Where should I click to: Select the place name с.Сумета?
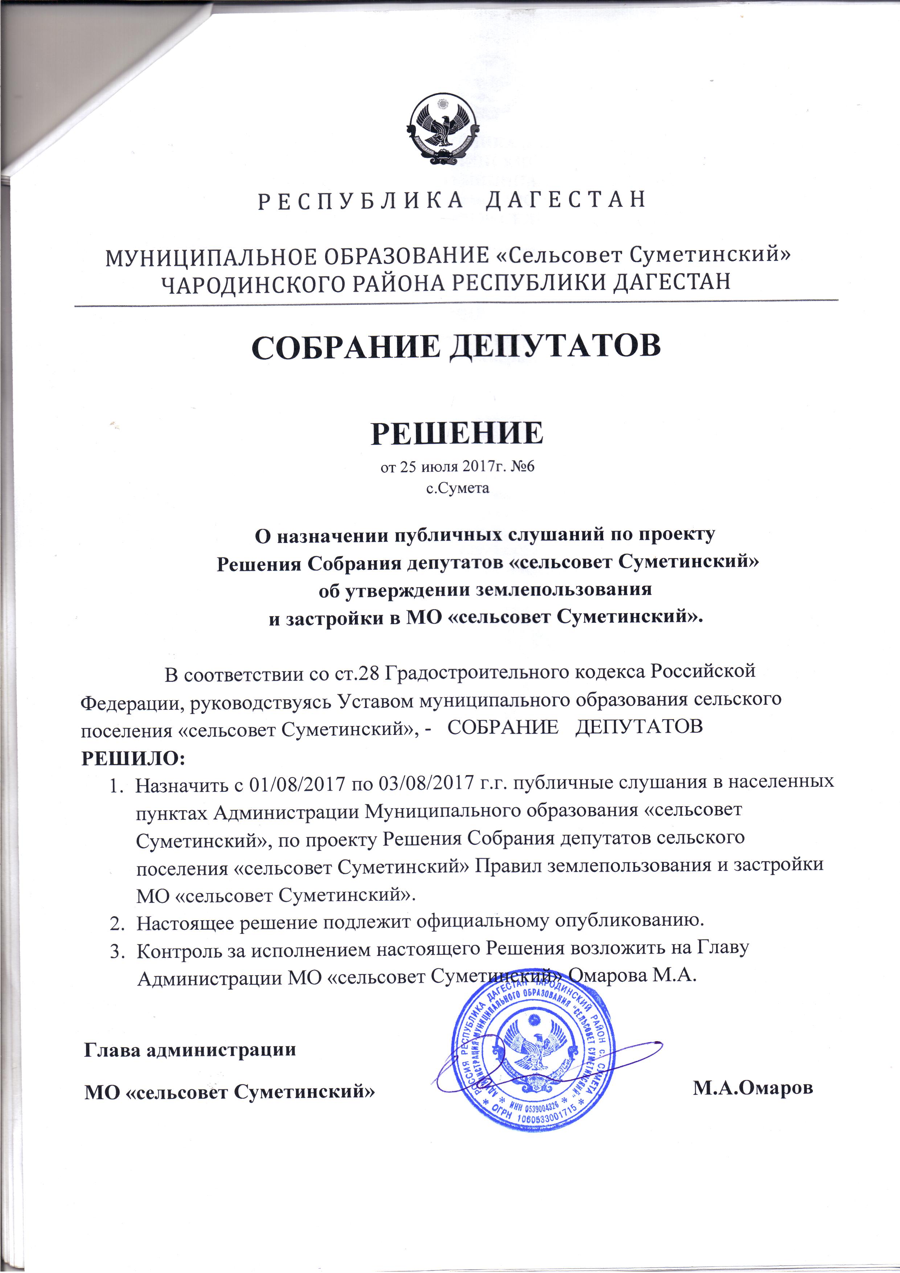[x=457, y=488]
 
